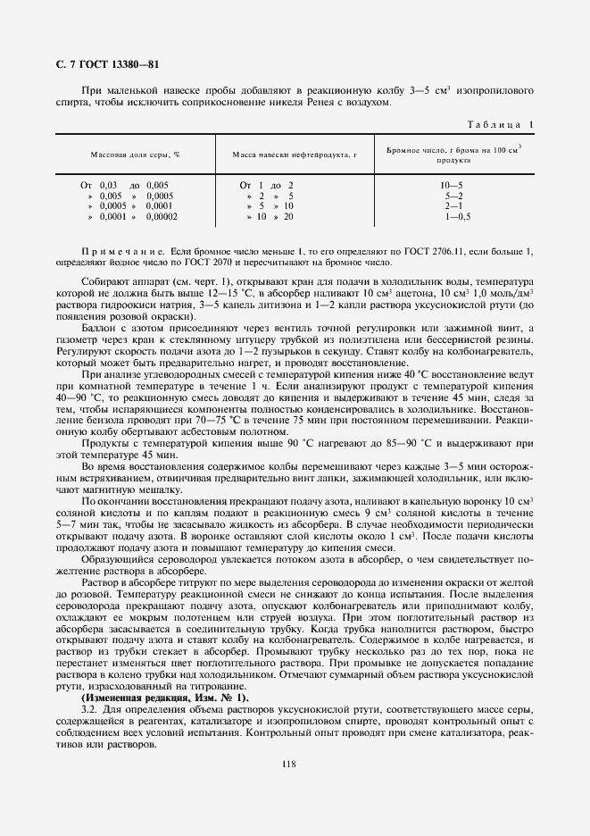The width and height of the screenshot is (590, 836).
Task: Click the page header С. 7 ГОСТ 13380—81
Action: pos(103,64)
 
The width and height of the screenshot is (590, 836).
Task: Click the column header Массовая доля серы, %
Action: pos(134,155)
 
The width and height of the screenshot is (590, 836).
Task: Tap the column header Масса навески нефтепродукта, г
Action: pos(294,155)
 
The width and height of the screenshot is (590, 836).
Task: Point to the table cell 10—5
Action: pos(452,184)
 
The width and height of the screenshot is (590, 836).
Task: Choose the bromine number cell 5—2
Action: pos(453,195)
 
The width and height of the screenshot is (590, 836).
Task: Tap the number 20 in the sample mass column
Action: pos(288,216)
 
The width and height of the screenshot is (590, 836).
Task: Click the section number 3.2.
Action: pos(90,707)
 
